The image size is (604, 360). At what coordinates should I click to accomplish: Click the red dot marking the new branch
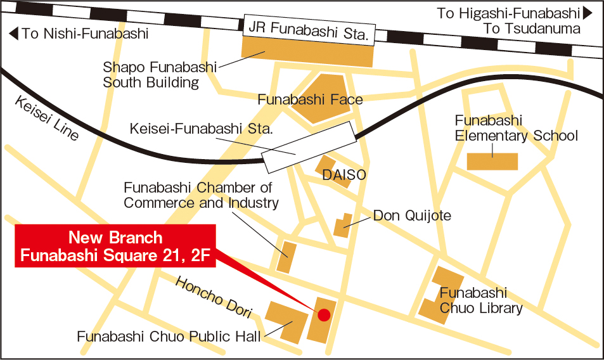pyautogui.click(x=324, y=314)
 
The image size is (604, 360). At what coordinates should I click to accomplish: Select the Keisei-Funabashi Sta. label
pyautogui.click(x=201, y=129)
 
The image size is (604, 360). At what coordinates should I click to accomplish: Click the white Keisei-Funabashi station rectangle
pyautogui.click(x=309, y=148)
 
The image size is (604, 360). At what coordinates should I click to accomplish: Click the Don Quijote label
pyautogui.click(x=412, y=215)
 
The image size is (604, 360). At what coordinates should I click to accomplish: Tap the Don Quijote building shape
pyautogui.click(x=343, y=226)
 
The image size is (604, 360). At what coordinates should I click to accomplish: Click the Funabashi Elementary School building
pyautogui.click(x=492, y=162)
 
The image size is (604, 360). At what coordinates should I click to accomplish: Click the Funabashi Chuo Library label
pyautogui.click(x=481, y=301)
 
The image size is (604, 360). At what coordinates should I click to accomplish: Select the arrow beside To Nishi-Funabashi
pyautogui.click(x=13, y=34)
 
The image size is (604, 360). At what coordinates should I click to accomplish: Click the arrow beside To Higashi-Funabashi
pyautogui.click(x=588, y=12)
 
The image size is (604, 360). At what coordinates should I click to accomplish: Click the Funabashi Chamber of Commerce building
pyautogui.click(x=286, y=256)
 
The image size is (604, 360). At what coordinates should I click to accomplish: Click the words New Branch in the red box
pyautogui.click(x=115, y=238)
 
